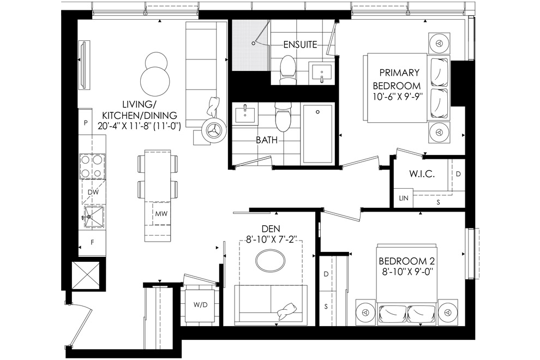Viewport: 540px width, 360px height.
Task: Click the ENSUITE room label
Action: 300,44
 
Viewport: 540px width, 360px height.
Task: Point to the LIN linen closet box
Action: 403,198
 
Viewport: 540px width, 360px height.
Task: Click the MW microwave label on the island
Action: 161,214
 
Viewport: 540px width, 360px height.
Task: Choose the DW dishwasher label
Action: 93,192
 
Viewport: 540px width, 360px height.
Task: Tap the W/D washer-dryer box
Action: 200,305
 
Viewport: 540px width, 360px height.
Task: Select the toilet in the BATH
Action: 283,118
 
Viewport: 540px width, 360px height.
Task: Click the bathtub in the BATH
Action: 317,134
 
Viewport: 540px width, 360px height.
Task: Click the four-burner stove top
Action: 92,166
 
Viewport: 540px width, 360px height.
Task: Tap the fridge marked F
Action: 92,243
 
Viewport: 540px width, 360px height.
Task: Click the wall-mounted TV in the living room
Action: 83,65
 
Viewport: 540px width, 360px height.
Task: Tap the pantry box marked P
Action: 86,122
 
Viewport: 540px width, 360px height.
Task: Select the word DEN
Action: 271,229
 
